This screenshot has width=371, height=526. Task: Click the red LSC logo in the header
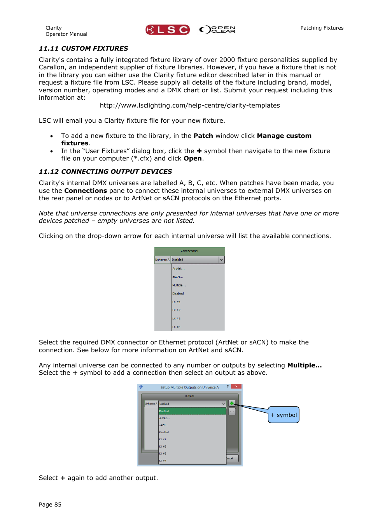point(167,30)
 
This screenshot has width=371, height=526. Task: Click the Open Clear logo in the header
point(217,30)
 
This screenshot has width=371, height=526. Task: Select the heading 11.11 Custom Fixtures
point(83,48)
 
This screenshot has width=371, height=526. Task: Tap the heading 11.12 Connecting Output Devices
point(105,171)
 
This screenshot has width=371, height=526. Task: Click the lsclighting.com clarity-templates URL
point(189,105)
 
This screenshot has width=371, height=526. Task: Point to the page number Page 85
point(50,505)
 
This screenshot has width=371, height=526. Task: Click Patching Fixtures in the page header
point(322,28)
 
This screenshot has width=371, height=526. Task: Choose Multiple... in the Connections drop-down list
point(179,285)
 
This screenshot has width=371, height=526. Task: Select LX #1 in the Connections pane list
point(176,302)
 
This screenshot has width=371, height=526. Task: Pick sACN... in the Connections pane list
point(177,277)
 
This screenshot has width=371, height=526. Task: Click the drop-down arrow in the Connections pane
point(221,259)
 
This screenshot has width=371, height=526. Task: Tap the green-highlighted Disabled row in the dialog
point(192,411)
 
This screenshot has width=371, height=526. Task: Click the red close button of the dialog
point(236,387)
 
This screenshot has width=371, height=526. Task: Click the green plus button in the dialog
point(232,403)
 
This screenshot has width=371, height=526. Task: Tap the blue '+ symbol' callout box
point(283,415)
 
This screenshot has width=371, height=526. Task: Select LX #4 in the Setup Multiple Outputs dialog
point(163,461)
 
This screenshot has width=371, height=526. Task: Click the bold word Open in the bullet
point(192,159)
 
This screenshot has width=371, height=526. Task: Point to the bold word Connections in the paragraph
point(85,191)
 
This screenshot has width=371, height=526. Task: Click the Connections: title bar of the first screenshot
point(189,251)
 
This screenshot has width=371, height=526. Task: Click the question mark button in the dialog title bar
point(227,387)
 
